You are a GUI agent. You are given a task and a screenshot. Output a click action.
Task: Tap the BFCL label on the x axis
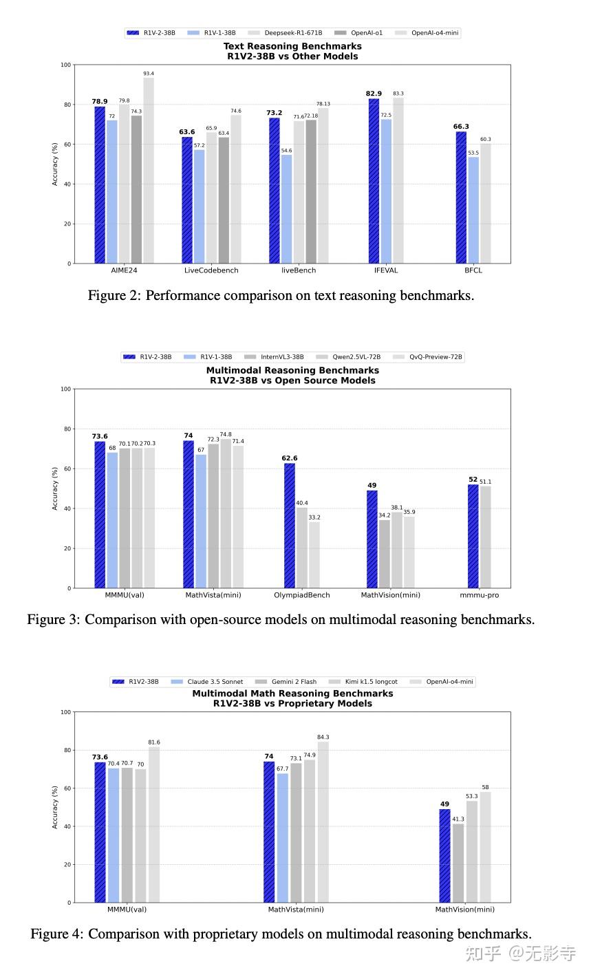[x=473, y=270]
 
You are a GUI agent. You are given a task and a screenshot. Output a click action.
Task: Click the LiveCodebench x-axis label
[x=211, y=270]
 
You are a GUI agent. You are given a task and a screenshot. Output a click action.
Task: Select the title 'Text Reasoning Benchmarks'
[x=292, y=46]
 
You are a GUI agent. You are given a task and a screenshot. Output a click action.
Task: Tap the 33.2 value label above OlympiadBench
[x=314, y=517]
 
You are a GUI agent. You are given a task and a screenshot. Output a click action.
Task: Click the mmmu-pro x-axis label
[x=480, y=595]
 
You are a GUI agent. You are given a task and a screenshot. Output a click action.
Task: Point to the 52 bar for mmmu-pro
[x=473, y=536]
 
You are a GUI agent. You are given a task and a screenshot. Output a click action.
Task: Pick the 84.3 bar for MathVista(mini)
[x=323, y=822]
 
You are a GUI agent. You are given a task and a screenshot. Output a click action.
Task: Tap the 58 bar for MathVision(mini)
[x=485, y=847]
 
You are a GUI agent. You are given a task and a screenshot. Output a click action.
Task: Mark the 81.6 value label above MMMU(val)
[x=154, y=742]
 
